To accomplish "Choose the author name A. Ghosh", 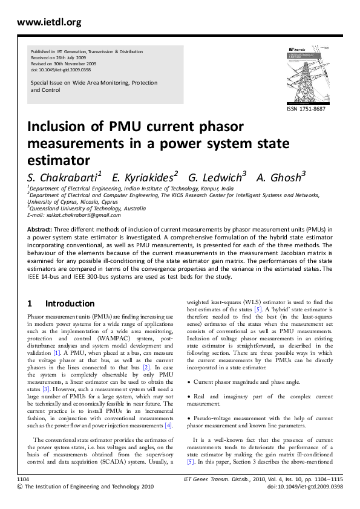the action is (x=281, y=176).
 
